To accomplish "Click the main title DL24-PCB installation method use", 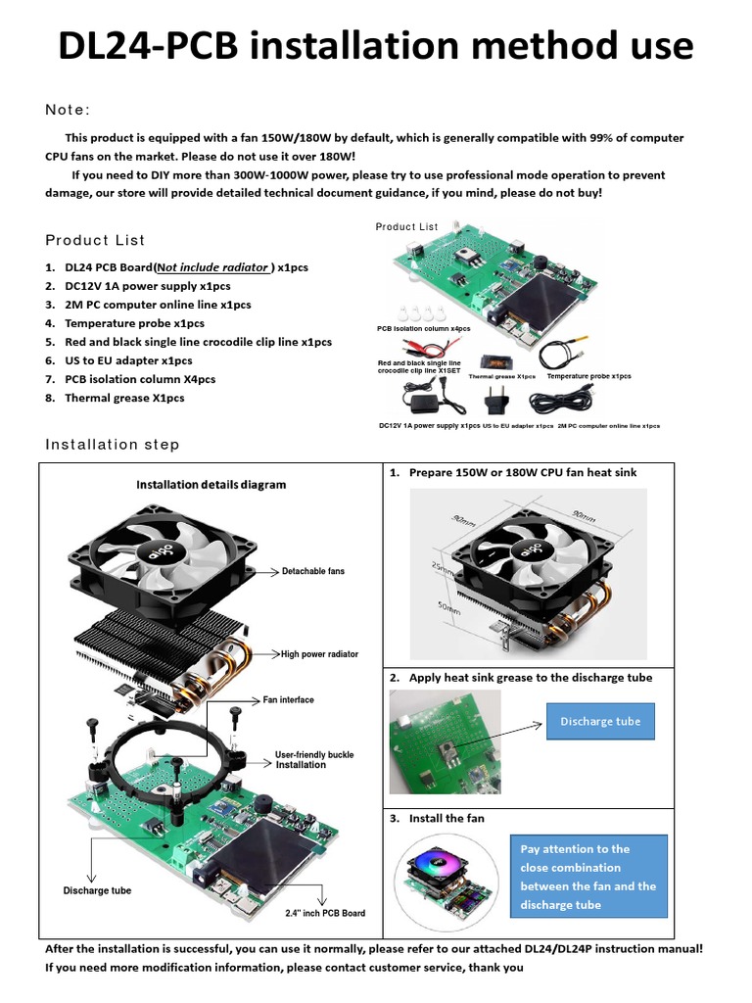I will (x=376, y=46).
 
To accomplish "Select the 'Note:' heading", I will (x=69, y=109).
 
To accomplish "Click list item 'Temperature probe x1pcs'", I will (x=134, y=323).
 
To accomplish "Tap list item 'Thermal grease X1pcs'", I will (x=124, y=398).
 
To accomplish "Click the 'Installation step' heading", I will (x=113, y=445).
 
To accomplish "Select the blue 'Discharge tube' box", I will (x=600, y=722).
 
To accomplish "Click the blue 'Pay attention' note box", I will (x=588, y=877).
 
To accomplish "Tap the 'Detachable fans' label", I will (x=313, y=571).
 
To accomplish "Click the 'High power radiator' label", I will (x=319, y=654).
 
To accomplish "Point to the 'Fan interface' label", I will (x=289, y=700).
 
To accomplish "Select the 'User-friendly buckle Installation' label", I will (x=314, y=760).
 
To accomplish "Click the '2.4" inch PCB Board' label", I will (x=325, y=913).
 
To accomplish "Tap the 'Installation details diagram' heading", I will (x=211, y=484).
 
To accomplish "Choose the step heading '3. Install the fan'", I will (x=446, y=818).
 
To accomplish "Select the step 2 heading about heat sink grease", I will (x=530, y=678).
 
